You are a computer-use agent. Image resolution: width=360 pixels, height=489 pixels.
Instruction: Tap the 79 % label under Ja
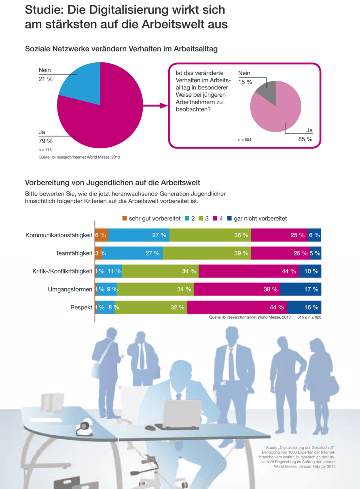pyautogui.click(x=46, y=141)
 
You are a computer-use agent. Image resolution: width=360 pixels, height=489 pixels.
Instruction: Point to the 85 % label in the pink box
pyautogui.click(x=305, y=139)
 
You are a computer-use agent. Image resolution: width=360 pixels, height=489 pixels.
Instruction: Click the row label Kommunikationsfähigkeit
pyautogui.click(x=59, y=235)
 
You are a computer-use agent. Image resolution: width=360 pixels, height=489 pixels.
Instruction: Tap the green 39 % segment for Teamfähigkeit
pyautogui.click(x=207, y=253)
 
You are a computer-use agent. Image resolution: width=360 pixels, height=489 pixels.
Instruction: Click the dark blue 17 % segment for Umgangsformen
pyautogui.click(x=300, y=289)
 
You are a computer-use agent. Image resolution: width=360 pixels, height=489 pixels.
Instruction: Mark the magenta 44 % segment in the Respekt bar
pyautogui.click(x=237, y=307)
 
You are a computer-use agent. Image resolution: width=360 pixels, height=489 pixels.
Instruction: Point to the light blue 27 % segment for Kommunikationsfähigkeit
pyautogui.click(x=139, y=235)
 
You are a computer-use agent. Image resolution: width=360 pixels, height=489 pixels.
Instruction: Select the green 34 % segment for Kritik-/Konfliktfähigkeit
pyautogui.click(x=160, y=271)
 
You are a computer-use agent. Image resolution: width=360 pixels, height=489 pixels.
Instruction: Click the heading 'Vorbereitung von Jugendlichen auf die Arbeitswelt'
pyautogui.click(x=112, y=182)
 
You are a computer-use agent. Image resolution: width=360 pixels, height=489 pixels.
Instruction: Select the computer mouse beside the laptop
pyautogui.click(x=150, y=427)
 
